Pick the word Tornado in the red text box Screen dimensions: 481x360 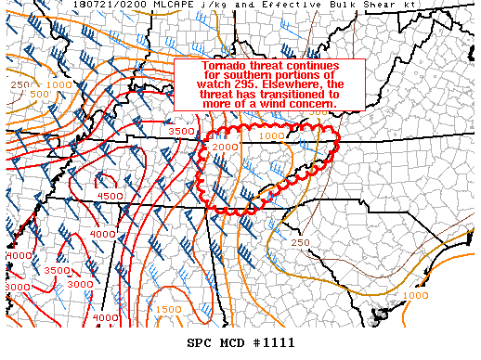pyautogui.click(x=225, y=68)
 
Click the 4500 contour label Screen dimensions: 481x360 pyautogui.click(x=110, y=197)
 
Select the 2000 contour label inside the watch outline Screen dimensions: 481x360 pyautogui.click(x=225, y=148)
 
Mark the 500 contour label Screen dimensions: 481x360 pyautogui.click(x=40, y=94)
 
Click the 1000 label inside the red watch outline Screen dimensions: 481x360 pyautogui.click(x=272, y=136)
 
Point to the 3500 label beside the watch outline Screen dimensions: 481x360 pyautogui.click(x=182, y=132)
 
